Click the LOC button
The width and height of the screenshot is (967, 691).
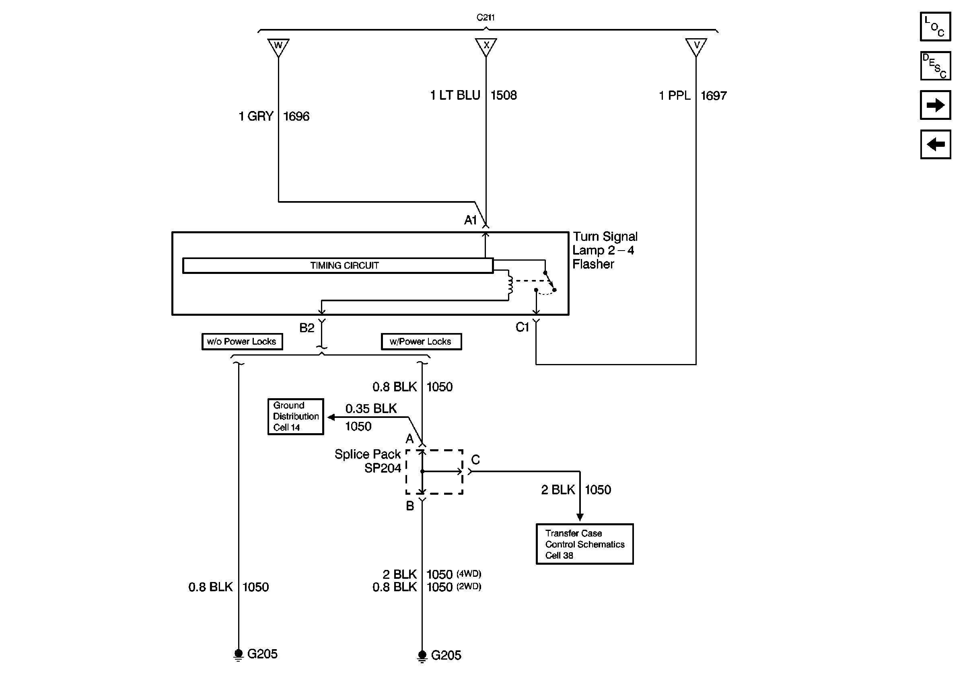point(935,27)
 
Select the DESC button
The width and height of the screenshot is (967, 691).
point(935,66)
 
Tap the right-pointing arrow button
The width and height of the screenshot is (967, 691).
point(935,105)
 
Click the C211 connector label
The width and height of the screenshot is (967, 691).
point(486,17)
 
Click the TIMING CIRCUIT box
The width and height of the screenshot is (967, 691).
point(338,265)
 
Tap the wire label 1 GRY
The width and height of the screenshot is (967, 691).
point(256,116)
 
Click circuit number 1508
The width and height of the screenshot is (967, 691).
point(504,95)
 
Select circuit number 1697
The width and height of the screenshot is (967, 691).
point(714,95)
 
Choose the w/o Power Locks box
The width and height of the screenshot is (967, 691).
point(242,341)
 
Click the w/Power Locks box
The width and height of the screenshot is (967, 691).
point(421,341)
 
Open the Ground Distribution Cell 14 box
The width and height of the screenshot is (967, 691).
point(296,417)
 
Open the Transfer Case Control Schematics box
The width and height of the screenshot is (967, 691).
point(584,544)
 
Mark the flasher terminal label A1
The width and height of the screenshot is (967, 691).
point(470,220)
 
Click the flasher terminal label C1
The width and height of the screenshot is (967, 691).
point(522,327)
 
